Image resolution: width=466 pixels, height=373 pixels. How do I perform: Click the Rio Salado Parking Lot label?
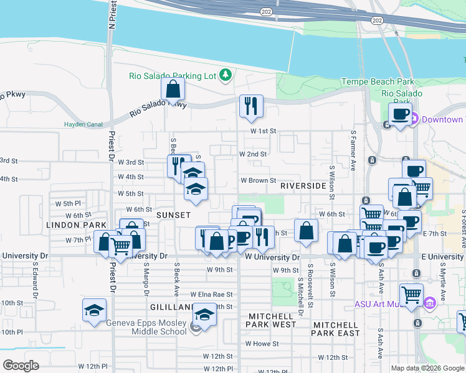tap(172, 76)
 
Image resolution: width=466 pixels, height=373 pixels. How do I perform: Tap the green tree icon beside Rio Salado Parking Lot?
tap(225, 76)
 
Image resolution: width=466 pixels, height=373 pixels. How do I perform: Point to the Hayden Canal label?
tap(83, 124)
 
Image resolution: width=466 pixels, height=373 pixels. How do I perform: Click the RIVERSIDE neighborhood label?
tap(303, 186)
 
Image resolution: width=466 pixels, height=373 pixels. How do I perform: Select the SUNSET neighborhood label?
tap(173, 214)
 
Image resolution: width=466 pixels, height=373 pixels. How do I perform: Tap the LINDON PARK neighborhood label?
tap(68, 224)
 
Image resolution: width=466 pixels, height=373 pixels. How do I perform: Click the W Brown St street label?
tap(259, 181)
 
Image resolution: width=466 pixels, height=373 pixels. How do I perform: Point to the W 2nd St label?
tap(253, 154)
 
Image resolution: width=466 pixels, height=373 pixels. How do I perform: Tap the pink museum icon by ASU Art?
tap(429, 303)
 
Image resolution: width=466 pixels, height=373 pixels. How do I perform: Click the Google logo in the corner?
tap(21, 366)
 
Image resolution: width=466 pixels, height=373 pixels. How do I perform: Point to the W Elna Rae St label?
tap(211, 295)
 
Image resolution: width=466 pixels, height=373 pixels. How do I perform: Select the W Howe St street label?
tap(261, 343)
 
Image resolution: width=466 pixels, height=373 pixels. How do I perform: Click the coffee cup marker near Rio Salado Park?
tap(400, 114)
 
